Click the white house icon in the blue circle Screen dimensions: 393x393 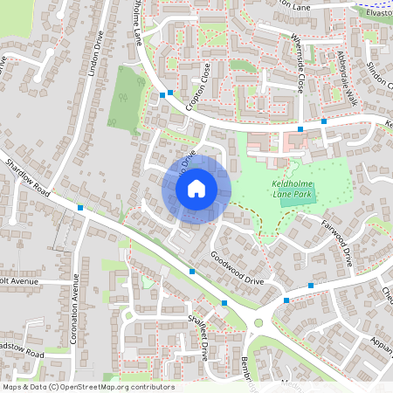196,188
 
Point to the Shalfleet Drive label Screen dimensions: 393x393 197,336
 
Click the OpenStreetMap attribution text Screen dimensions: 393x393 88,387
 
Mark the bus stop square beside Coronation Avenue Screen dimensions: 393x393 80,208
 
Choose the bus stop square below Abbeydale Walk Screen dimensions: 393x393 324,121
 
